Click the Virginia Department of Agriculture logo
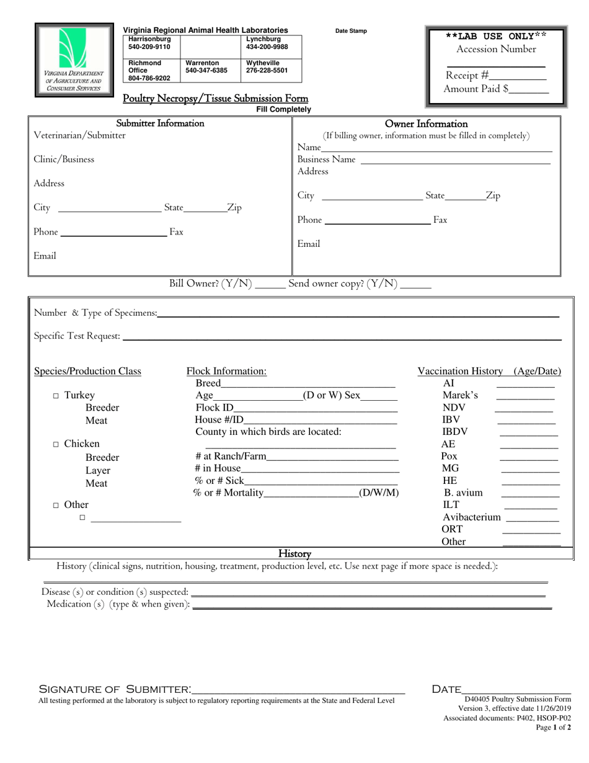[74, 60]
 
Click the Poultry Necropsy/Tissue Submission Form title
[215, 99]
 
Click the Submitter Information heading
[160, 123]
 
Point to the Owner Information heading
[426, 124]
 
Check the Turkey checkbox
[56, 396]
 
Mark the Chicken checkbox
[56, 444]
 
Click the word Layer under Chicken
[98, 470]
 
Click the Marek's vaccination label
[460, 395]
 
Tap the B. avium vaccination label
[463, 493]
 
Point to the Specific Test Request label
[77, 336]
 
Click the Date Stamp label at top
[351, 31]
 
